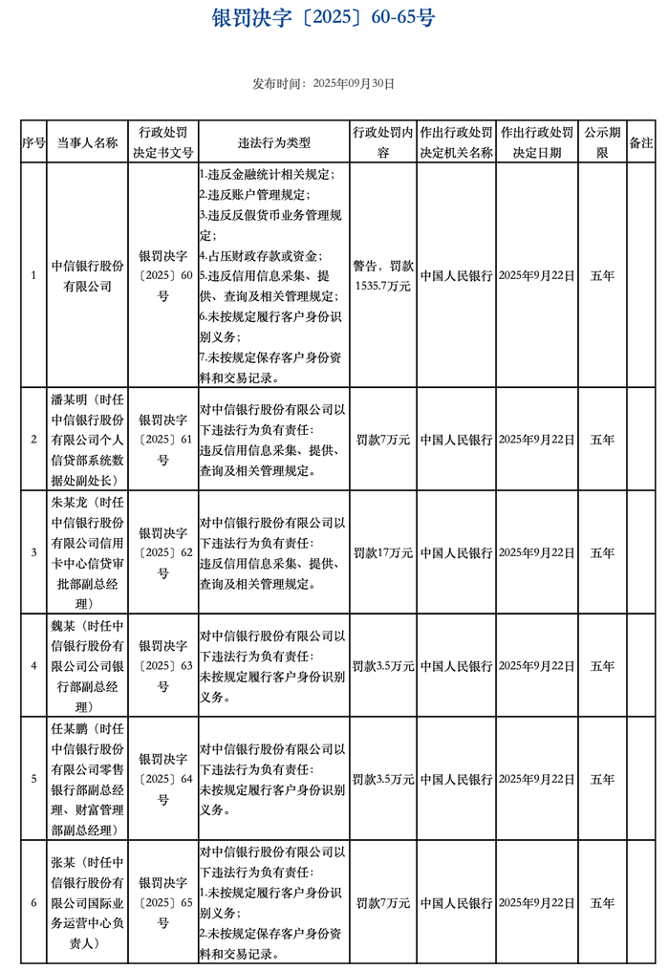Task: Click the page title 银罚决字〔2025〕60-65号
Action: click(x=323, y=19)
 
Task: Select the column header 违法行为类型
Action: click(x=273, y=142)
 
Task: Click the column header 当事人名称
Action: click(x=87, y=142)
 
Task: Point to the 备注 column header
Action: click(x=640, y=142)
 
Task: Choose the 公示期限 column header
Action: click(x=602, y=142)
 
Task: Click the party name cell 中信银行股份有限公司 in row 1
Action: click(x=87, y=275)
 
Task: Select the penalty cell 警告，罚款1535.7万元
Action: click(x=382, y=275)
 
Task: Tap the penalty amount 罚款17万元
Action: click(x=382, y=552)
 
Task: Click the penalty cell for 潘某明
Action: click(x=382, y=440)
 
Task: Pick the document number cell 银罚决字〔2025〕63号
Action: click(x=163, y=666)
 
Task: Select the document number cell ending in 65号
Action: click(x=163, y=902)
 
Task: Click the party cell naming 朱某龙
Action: click(x=87, y=552)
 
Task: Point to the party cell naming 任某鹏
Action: click(x=87, y=779)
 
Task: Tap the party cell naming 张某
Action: click(x=87, y=902)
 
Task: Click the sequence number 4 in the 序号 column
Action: click(x=33, y=666)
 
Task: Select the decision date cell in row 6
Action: click(x=536, y=902)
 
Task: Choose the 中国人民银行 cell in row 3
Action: click(x=456, y=552)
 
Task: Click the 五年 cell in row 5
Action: click(x=602, y=779)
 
